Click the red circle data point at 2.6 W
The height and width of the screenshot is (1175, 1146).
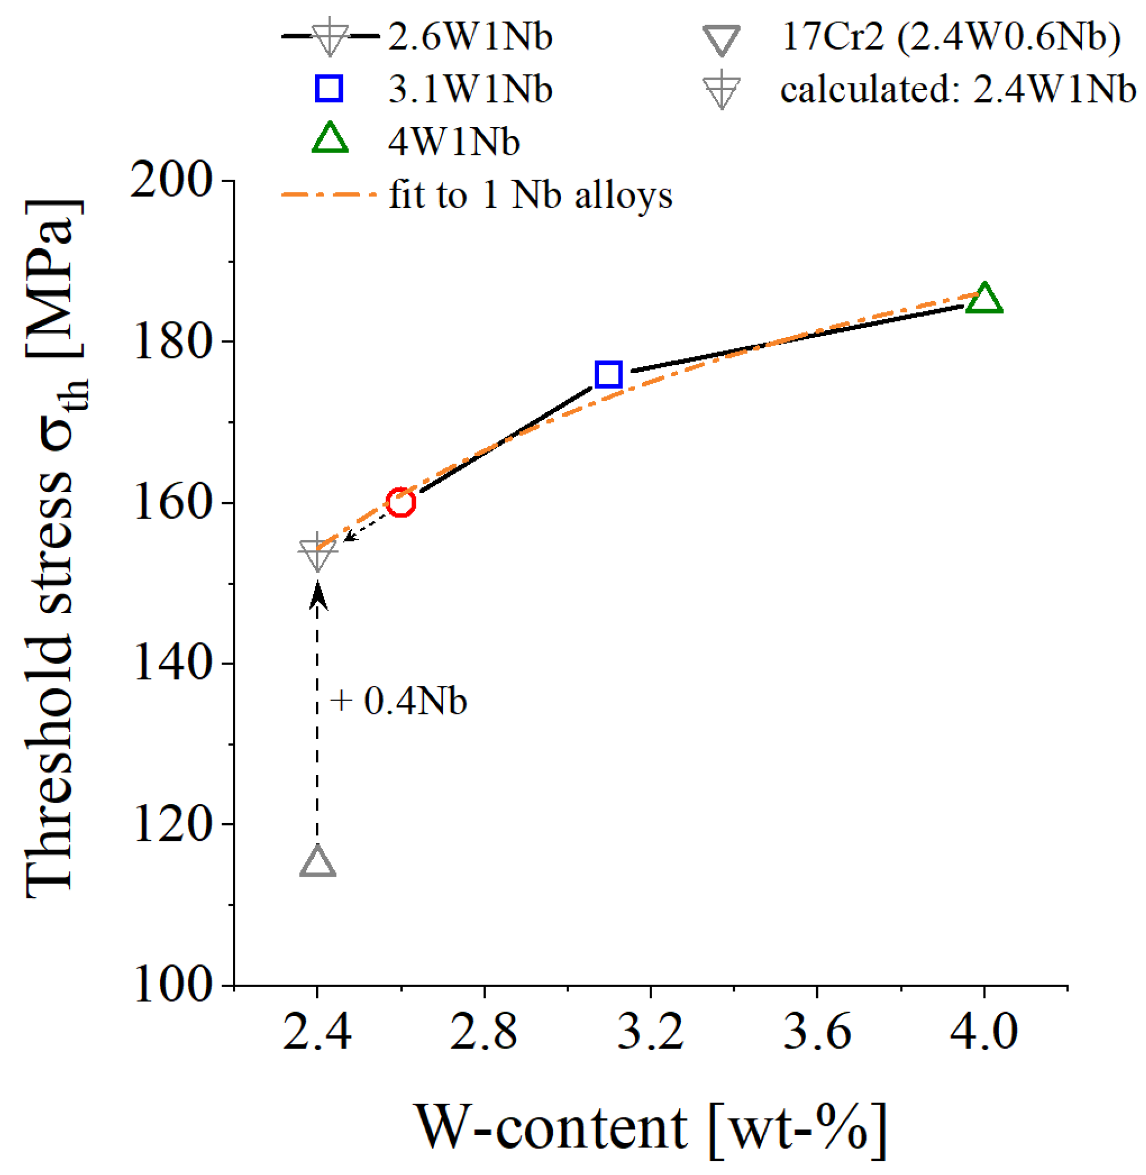[x=400, y=502]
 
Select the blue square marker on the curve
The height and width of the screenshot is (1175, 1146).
[x=608, y=375]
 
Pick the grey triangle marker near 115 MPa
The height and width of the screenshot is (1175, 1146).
[x=317, y=862]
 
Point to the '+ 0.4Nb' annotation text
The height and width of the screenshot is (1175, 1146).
[x=399, y=701]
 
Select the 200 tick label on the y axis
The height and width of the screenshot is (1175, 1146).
[x=171, y=180]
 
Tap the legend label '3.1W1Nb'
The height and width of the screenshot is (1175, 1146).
[x=470, y=89]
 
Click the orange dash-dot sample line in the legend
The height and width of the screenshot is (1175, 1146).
[x=329, y=195]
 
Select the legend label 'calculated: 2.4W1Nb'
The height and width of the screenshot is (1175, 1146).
[x=957, y=91]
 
